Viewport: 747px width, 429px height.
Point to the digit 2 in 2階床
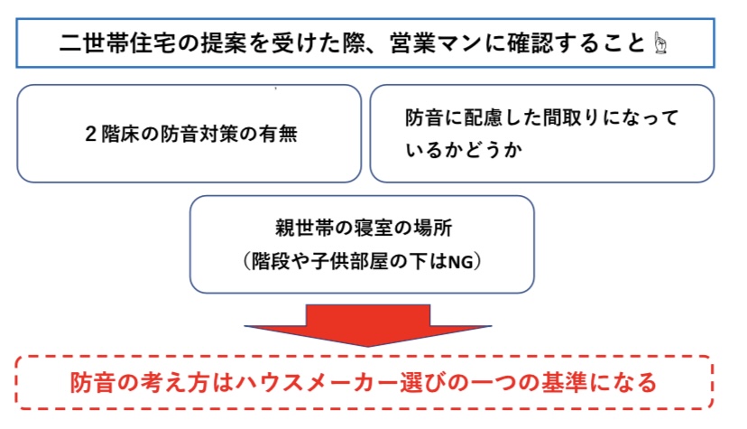92,135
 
